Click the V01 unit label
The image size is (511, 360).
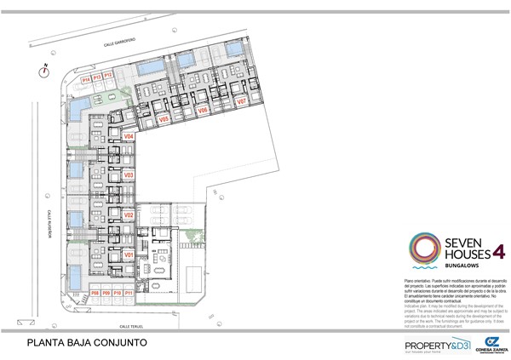(x=129, y=254)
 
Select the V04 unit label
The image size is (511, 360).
(x=129, y=136)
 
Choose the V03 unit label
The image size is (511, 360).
(x=129, y=176)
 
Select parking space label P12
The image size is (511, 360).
(x=108, y=77)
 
